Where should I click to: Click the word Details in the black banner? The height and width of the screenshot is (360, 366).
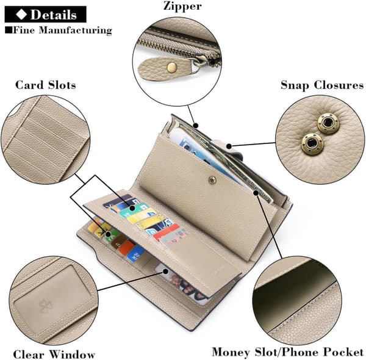[x=54, y=15]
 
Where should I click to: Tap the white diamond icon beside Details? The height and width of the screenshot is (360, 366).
[x=21, y=14]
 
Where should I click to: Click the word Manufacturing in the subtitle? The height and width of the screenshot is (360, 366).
[x=75, y=31]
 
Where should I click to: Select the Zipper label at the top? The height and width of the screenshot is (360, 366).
[x=182, y=6]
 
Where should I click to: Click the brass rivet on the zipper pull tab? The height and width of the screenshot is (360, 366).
[x=172, y=67]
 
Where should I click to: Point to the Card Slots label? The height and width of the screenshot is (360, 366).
[x=46, y=85]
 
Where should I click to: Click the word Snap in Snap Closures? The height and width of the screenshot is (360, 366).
[x=295, y=85]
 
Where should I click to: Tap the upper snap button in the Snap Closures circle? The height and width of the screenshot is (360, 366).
[x=328, y=123]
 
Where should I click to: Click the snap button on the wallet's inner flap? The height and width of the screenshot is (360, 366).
[x=212, y=180]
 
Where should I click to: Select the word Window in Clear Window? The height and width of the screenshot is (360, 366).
[x=73, y=355]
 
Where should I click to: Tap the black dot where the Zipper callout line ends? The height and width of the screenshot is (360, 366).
[x=196, y=126]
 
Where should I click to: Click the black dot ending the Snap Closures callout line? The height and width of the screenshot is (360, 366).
[x=229, y=146]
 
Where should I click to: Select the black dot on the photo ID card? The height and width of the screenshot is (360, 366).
[x=165, y=272]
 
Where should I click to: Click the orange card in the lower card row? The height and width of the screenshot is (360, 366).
[x=126, y=248]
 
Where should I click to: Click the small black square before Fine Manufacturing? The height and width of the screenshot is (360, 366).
[x=9, y=30]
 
